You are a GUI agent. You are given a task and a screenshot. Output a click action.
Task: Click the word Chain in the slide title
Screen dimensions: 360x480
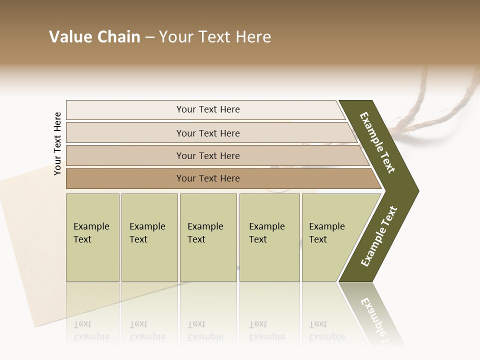click(x=118, y=37)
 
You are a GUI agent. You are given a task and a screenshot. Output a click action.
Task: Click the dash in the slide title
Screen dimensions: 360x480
click(x=149, y=37)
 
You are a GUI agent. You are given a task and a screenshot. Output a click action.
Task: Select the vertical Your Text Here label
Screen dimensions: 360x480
click(x=57, y=143)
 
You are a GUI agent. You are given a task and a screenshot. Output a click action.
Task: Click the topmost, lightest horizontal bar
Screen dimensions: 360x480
click(x=208, y=109)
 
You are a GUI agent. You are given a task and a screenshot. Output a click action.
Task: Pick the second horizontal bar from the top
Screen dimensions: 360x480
click(x=208, y=133)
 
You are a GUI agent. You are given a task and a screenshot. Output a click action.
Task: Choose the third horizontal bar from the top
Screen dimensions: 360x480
click(x=208, y=155)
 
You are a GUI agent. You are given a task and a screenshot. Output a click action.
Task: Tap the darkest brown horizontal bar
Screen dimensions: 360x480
click(x=208, y=178)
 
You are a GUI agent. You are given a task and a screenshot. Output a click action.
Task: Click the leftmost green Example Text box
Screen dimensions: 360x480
click(x=92, y=237)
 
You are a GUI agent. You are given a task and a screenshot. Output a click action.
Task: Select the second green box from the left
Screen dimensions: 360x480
click(x=149, y=237)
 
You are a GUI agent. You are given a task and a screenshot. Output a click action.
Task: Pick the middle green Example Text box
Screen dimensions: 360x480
click(x=208, y=237)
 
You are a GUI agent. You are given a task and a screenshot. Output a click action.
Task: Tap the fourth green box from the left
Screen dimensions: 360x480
click(x=269, y=237)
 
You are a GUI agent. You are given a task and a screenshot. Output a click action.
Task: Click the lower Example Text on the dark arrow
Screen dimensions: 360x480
click(x=379, y=236)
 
